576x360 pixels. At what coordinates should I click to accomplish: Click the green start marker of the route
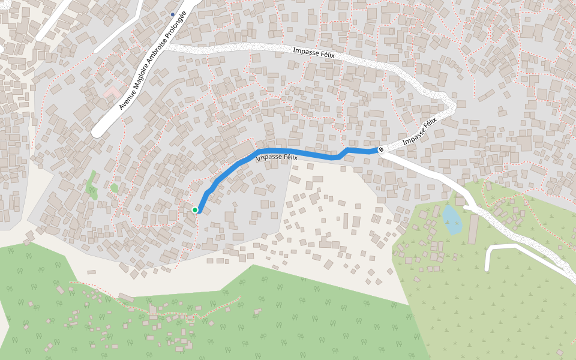pyautogui.click(x=195, y=210)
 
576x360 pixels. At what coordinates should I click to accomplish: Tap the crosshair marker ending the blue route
pyautogui.click(x=381, y=149)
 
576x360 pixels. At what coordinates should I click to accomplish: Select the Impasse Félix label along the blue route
pyautogui.click(x=277, y=158)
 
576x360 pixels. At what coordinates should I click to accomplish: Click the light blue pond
pyautogui.click(x=452, y=220)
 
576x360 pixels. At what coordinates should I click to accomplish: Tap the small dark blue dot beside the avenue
pyautogui.click(x=173, y=14)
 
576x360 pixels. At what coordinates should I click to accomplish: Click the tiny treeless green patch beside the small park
pyautogui.click(x=114, y=188)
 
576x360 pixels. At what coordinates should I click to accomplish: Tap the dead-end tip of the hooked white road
pyautogui.click(x=487, y=268)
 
